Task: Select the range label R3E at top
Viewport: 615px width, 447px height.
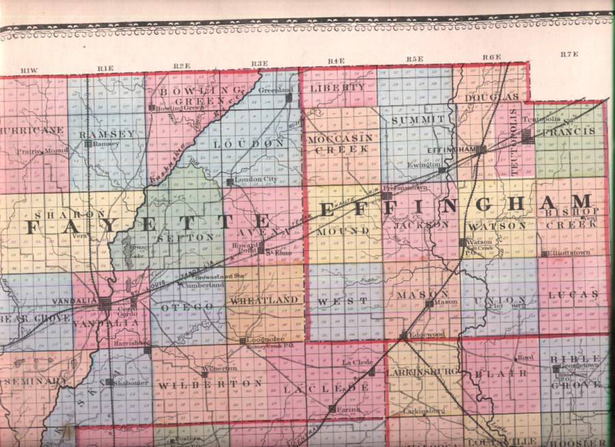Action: (x=259, y=64)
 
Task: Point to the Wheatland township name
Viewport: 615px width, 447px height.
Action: (x=265, y=300)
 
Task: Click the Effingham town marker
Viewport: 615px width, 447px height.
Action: (x=482, y=148)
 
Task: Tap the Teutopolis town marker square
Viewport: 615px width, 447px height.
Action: (x=527, y=136)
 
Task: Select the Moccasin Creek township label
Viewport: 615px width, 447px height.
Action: (x=340, y=143)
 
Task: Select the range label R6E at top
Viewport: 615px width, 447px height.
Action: (x=491, y=57)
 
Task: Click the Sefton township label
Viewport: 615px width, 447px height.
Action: (x=176, y=236)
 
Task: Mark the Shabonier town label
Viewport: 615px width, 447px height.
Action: (x=128, y=383)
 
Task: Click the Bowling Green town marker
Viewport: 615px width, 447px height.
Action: (x=151, y=107)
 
